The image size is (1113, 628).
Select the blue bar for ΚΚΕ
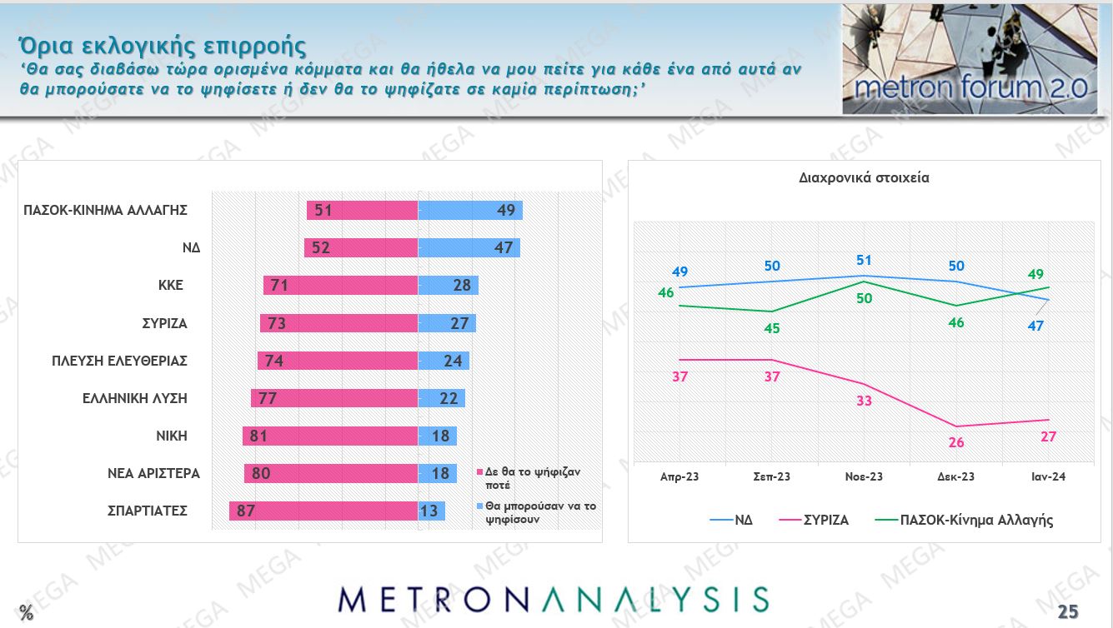coord(448,286)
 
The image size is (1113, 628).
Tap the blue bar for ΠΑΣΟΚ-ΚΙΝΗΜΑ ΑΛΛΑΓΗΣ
coord(470,210)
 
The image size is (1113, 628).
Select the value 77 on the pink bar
coord(268,398)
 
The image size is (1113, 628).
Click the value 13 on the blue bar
coord(429,511)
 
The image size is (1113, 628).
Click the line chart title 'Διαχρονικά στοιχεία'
coord(864,177)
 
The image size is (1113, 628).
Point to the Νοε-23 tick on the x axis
coord(864,476)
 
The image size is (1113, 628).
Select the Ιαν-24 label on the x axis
coord(1047,476)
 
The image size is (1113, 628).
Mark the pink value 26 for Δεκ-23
coord(956,442)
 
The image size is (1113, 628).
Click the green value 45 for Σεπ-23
coord(772,328)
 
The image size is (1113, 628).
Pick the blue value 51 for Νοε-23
coord(864,259)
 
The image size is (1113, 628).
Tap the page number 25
coord(1068,612)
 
